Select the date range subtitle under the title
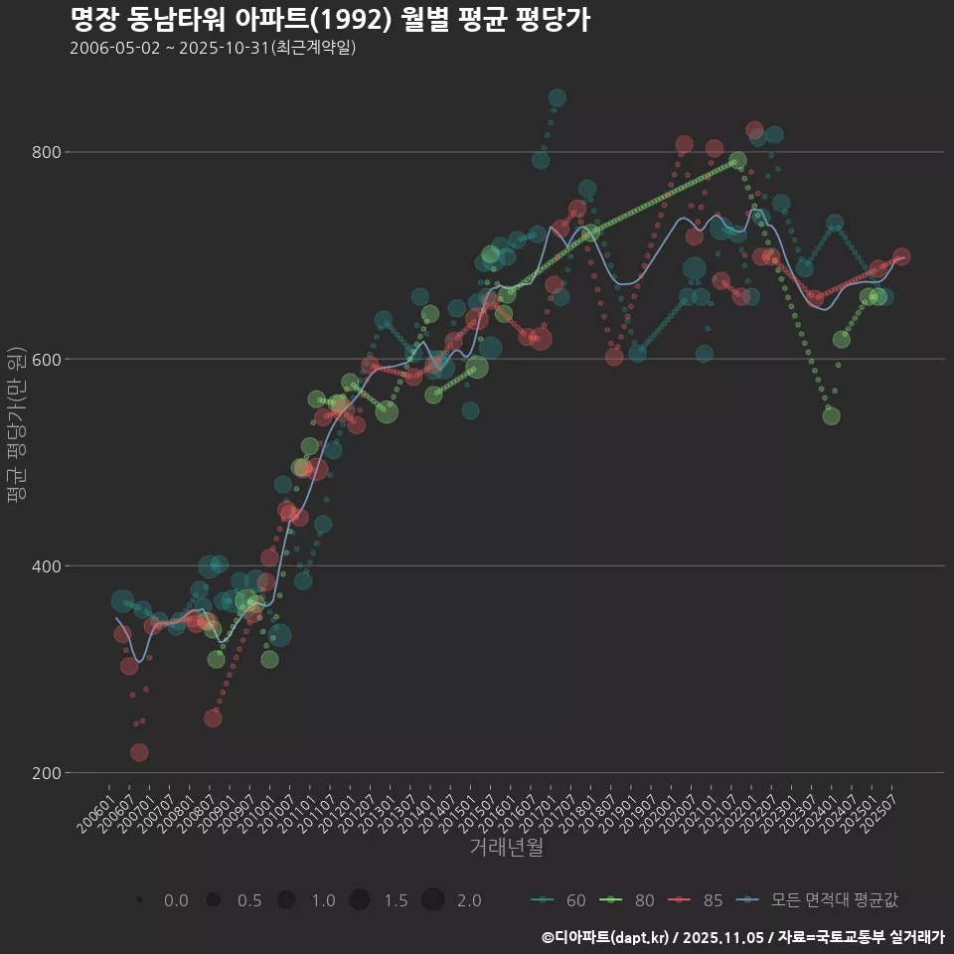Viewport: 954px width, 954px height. (x=213, y=48)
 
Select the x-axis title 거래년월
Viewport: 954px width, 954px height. (x=506, y=848)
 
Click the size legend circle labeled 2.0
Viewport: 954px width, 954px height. (x=432, y=900)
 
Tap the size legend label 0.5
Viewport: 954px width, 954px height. (x=249, y=900)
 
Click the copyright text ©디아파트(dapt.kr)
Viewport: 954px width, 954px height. (x=607, y=936)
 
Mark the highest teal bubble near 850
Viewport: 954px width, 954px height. (x=556, y=97)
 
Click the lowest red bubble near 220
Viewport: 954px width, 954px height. (x=139, y=752)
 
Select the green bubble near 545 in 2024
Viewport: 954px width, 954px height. (x=831, y=415)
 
